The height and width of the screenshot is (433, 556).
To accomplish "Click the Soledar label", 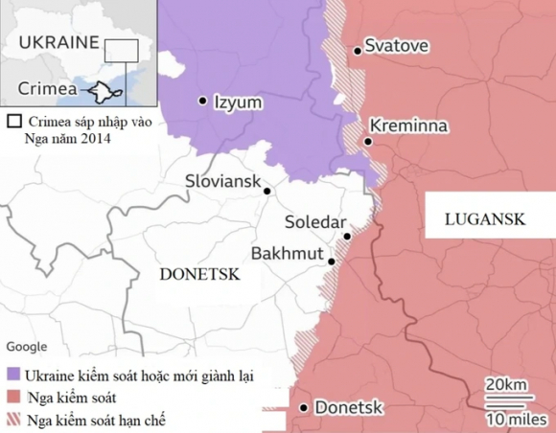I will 315,222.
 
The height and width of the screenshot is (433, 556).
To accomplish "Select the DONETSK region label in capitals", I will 198,274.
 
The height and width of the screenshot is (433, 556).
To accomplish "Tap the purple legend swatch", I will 13,374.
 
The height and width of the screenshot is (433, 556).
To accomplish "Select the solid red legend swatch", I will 13,397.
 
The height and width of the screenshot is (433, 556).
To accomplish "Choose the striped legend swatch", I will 13,420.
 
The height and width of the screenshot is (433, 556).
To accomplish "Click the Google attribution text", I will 28,347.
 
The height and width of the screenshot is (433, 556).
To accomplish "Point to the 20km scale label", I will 504,384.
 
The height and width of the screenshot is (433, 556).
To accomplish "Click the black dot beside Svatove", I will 358,50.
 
